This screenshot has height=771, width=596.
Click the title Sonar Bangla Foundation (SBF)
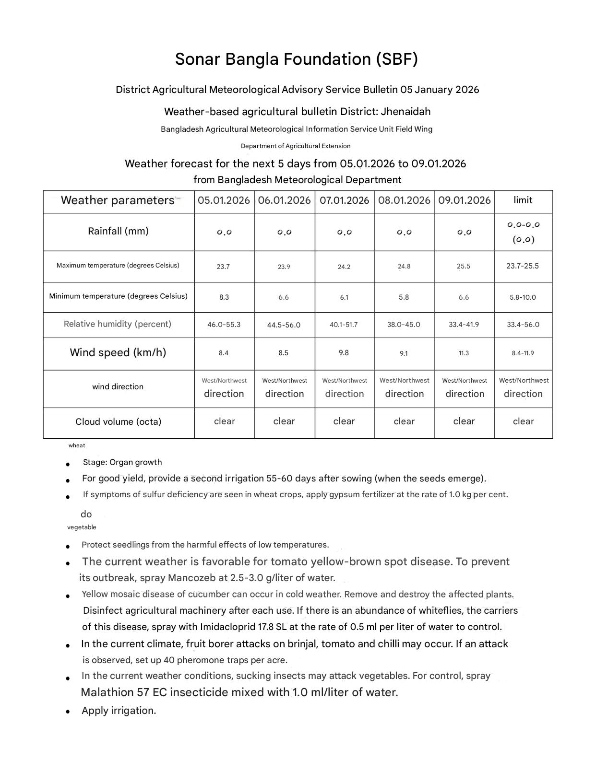click(296, 59)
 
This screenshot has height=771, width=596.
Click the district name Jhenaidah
click(405, 112)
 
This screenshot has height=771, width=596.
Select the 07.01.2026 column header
click(344, 200)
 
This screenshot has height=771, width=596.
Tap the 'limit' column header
click(523, 200)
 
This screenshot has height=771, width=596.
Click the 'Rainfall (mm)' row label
click(118, 231)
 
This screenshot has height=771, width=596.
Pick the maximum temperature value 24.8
click(404, 267)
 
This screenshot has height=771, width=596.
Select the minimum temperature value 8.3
click(224, 297)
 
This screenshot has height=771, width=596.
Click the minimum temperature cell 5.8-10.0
click(523, 297)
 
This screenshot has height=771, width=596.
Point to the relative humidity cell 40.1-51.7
click(344, 325)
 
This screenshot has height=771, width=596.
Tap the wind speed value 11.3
click(464, 353)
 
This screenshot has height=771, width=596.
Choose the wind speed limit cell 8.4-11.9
click(523, 353)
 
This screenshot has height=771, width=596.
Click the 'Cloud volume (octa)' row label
click(118, 422)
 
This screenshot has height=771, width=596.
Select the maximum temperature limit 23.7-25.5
click(523, 266)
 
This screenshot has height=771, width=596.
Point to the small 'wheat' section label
click(77, 445)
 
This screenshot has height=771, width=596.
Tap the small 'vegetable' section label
click(82, 527)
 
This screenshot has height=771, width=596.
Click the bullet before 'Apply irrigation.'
click(69, 712)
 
